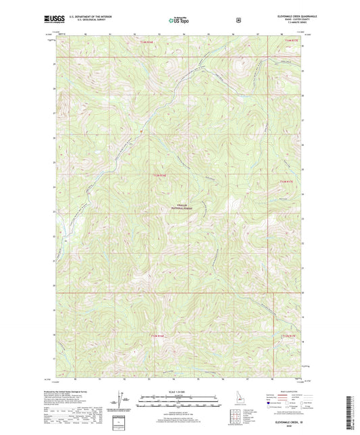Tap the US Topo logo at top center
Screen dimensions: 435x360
[179, 20]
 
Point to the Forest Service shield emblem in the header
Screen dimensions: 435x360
[238, 20]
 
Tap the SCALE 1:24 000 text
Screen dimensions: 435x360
[180, 392]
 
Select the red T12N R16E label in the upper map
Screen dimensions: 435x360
[158, 176]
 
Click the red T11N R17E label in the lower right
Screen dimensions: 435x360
[288, 336]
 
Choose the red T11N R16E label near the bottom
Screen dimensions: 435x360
[155, 336]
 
